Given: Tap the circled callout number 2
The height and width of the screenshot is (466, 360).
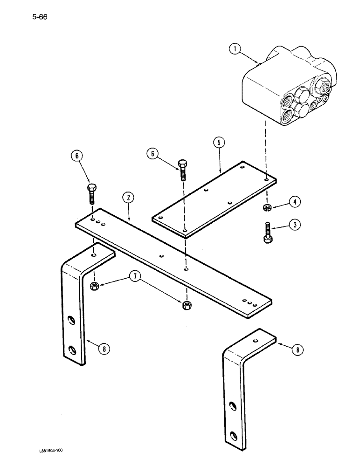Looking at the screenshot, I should click(x=127, y=198).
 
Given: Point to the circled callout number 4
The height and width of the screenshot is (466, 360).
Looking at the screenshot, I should click(x=294, y=202).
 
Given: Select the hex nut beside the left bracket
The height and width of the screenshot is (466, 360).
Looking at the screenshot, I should click(x=94, y=286).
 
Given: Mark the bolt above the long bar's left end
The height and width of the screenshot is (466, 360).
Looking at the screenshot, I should click(x=92, y=194).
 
